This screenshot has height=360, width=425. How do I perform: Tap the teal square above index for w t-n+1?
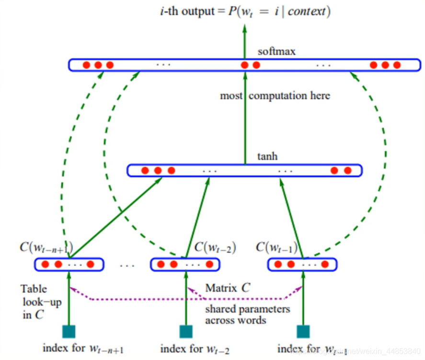(x=69, y=331)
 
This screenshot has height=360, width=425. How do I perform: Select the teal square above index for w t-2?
(x=186, y=331)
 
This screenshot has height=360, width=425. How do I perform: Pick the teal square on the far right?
(x=303, y=331)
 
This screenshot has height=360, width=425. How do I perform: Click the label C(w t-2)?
(x=215, y=247)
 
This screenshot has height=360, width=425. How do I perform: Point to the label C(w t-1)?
(x=276, y=247)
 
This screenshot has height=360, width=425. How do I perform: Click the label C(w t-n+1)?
(x=46, y=247)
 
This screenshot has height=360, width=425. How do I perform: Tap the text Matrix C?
(x=228, y=288)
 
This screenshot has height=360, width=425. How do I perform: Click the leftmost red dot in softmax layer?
(x=86, y=65)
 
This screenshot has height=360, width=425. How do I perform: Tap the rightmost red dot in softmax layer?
(x=397, y=65)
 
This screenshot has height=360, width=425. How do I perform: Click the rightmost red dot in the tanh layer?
(x=348, y=170)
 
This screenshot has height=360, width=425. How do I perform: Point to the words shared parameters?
(x=247, y=309)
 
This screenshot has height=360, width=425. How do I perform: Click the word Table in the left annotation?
(x=34, y=289)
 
